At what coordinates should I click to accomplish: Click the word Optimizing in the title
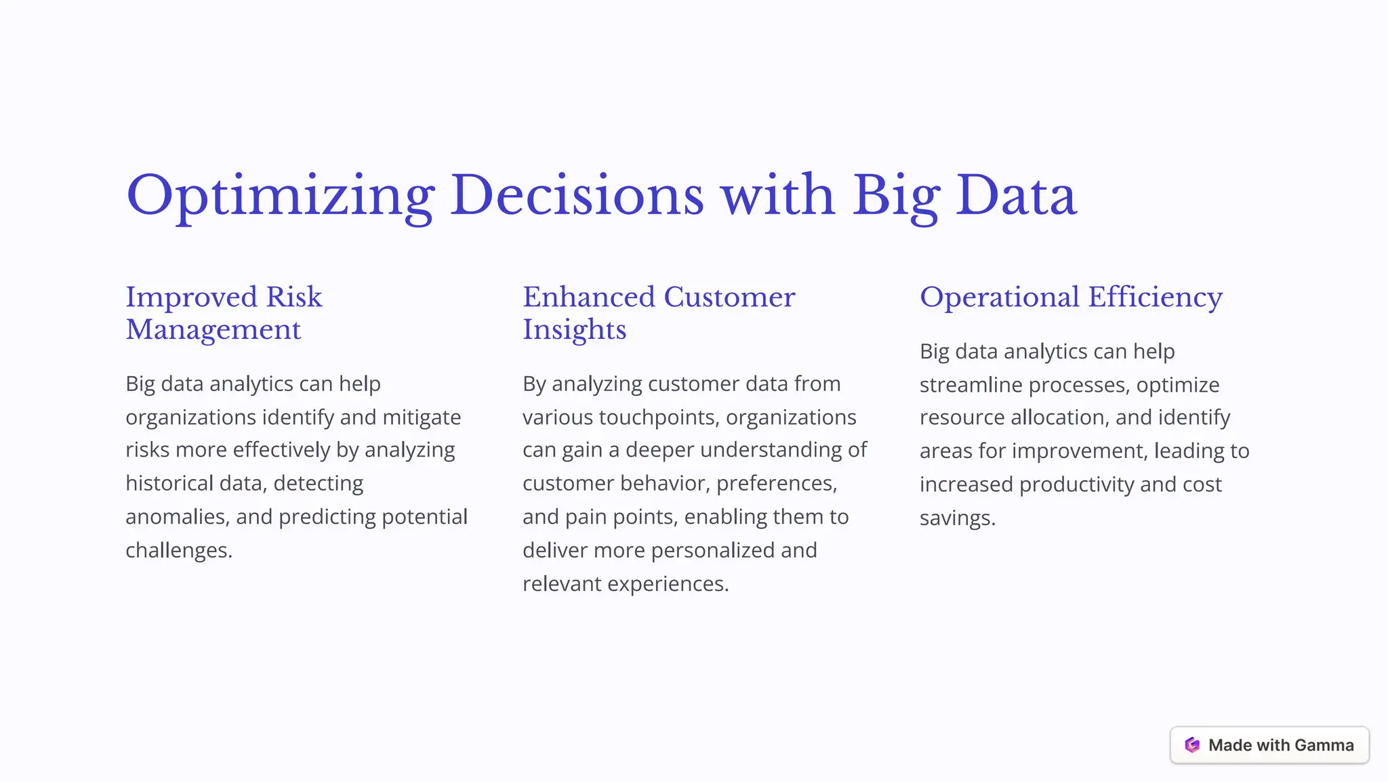click(x=280, y=197)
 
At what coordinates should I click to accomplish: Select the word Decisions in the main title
click(x=577, y=195)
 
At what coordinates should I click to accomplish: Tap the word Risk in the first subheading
click(x=294, y=297)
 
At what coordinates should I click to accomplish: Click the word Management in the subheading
click(x=213, y=330)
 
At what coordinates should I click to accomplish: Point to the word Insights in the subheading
click(x=574, y=330)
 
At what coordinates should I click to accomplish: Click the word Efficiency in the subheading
click(x=1155, y=297)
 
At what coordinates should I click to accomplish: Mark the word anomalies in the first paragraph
click(x=177, y=517)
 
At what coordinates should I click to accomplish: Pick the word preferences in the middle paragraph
click(x=776, y=484)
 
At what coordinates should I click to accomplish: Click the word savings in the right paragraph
click(x=956, y=518)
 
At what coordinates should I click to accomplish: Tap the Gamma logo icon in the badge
click(x=1192, y=745)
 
